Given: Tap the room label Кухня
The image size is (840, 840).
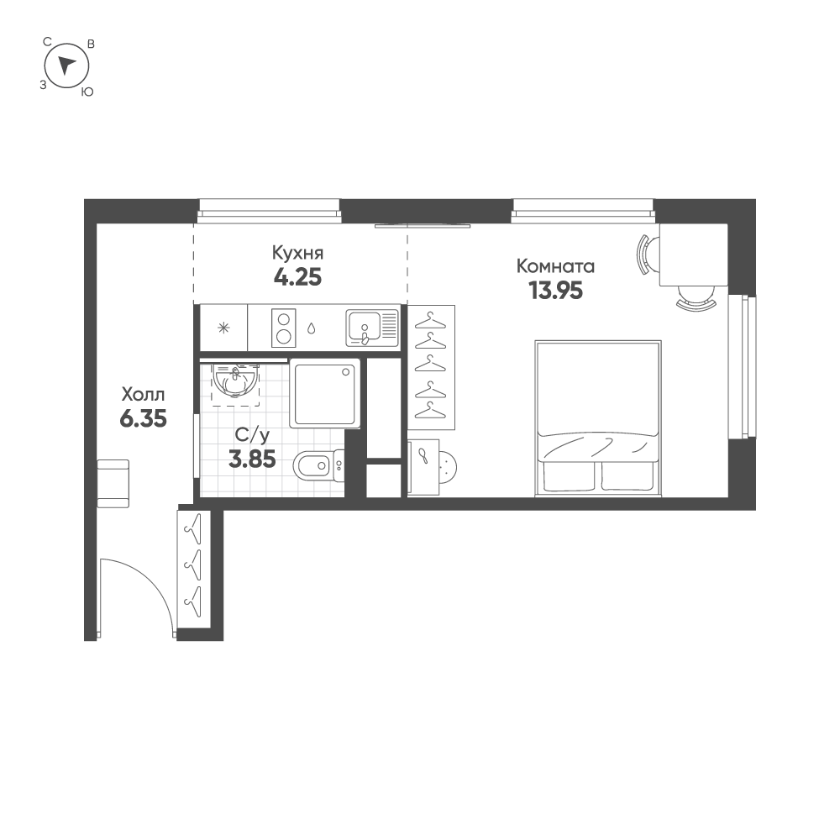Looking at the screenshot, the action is (297, 252).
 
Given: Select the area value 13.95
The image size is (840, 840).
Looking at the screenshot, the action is (555, 291).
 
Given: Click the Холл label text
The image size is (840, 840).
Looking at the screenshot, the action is (143, 395).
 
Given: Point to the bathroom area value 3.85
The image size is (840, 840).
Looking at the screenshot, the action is (252, 459).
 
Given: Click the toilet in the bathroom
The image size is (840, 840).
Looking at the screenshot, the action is (318, 465).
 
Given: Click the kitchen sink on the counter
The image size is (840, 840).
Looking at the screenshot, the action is (372, 328).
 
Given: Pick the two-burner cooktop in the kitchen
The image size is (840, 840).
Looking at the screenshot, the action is (283, 328).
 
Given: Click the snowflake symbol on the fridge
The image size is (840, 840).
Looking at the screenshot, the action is (223, 328).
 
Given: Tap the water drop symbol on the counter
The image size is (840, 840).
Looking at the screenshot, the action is (312, 328).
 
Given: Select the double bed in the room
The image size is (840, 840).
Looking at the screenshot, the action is (598, 417).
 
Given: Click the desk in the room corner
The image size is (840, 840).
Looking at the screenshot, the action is (693, 255).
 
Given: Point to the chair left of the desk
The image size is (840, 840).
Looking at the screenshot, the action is (645, 255).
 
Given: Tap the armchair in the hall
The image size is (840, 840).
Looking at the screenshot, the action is (113, 483).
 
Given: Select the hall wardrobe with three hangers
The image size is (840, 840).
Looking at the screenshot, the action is (193, 569).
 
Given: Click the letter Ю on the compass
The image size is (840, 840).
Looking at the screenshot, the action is (87, 92).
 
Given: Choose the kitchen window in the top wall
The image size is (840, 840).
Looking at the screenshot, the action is (270, 210).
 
